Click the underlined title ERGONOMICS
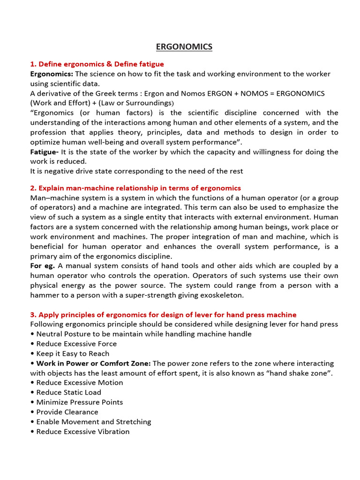click(184, 46)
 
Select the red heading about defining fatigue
click(97, 64)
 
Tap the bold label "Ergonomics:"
click(52, 74)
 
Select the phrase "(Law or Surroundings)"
click(134, 103)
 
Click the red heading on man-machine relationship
click(135, 188)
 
